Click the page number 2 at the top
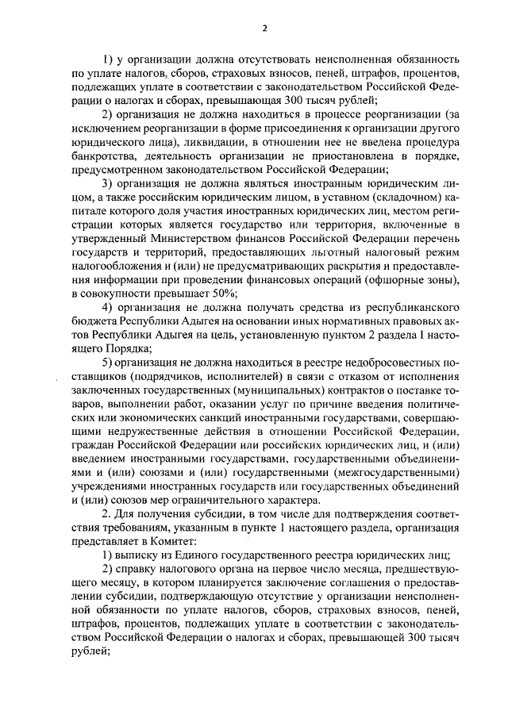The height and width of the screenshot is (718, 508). tap(264, 29)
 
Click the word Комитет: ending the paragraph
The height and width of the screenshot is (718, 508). tap(186, 539)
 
